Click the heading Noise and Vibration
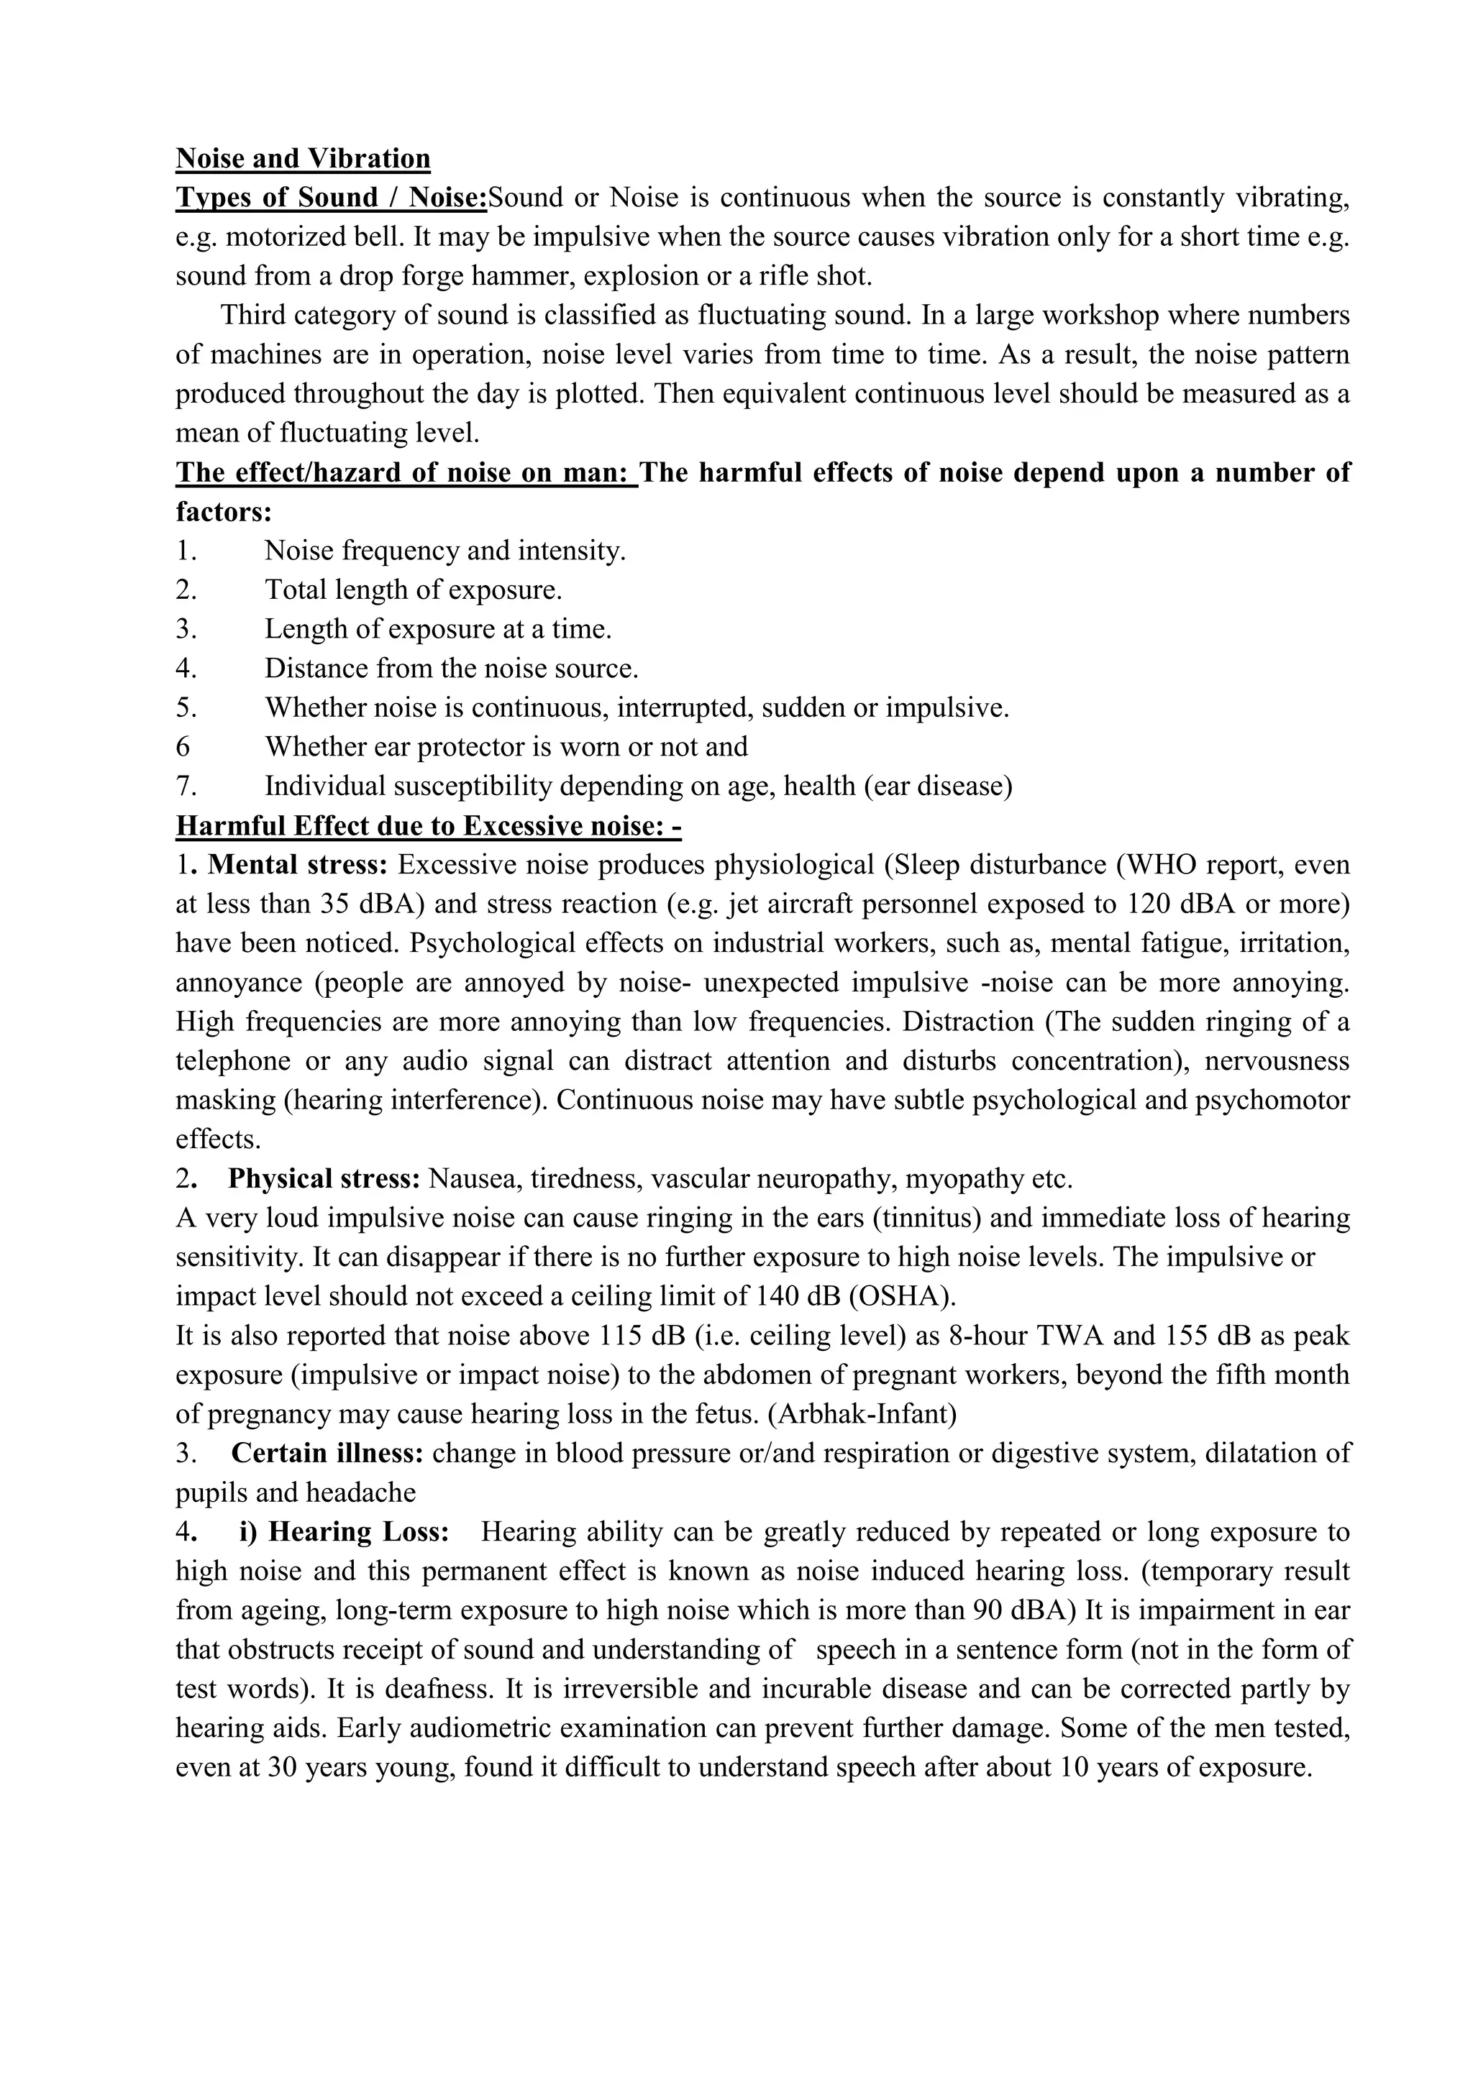coord(303,159)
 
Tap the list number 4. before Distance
coord(186,669)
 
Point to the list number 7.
coord(186,785)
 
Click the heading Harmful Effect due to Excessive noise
coord(428,825)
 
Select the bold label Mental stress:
coord(298,864)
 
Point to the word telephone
coord(233,1061)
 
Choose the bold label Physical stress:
coord(324,1179)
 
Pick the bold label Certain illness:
coord(327,1453)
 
